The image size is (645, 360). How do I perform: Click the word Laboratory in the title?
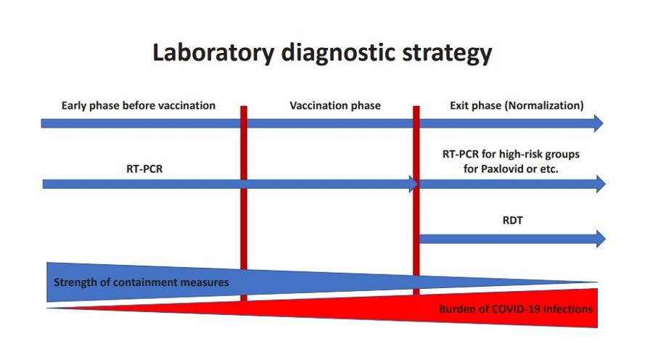click(213, 52)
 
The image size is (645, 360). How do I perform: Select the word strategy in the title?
click(447, 53)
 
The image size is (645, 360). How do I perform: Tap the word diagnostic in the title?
click(337, 53)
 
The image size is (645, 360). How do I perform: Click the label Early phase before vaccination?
click(138, 106)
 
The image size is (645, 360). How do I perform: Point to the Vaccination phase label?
click(335, 106)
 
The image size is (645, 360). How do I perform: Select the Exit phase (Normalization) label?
click(517, 106)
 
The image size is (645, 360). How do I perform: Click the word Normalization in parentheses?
click(546, 106)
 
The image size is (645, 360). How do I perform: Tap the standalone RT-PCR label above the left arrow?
click(144, 168)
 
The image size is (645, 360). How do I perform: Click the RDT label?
click(512, 221)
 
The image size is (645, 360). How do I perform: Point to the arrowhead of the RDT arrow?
click(601, 239)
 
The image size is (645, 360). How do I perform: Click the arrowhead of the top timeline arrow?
click(599, 123)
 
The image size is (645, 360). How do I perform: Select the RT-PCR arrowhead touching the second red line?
click(414, 184)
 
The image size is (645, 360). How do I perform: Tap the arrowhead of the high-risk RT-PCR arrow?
click(601, 184)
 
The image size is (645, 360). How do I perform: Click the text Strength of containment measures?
click(141, 282)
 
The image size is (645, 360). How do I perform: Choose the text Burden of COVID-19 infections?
click(516, 309)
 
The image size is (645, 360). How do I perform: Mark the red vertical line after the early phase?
click(244, 203)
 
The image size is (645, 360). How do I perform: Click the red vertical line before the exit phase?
click(416, 200)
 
